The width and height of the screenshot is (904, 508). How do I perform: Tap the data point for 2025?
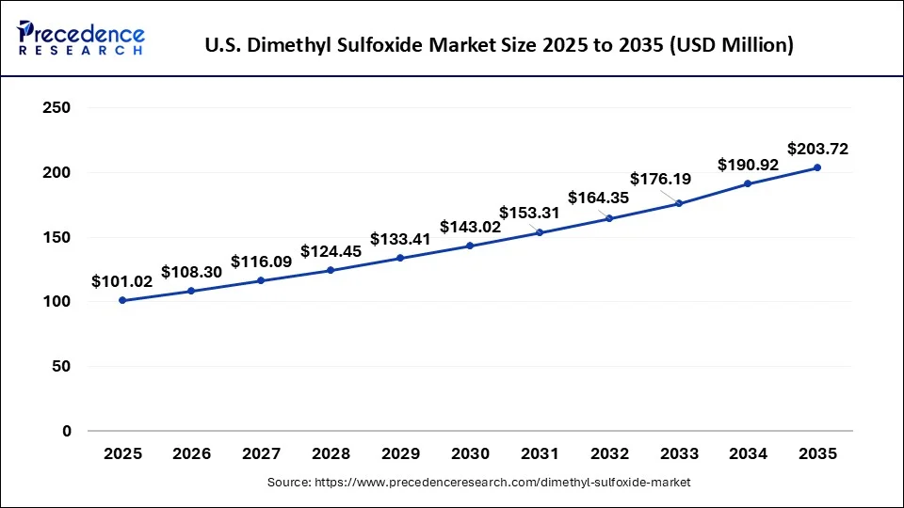[122, 300]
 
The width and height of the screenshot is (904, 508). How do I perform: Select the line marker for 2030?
[470, 246]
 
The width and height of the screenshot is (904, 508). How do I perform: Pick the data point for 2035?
[816, 167]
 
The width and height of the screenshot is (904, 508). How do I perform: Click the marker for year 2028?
[331, 270]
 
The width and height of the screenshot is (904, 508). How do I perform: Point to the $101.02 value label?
[121, 281]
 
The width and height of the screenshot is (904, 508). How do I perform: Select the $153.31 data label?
[529, 213]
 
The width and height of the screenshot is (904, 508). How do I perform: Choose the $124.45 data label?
[331, 251]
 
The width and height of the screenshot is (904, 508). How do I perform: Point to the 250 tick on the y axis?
[58, 108]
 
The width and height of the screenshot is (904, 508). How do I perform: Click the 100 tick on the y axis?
[58, 302]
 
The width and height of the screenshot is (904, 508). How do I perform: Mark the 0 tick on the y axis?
[67, 431]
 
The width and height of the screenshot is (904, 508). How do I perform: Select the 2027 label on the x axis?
[261, 453]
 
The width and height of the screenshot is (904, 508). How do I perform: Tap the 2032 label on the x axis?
[608, 453]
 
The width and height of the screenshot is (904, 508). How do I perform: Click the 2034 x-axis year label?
[748, 453]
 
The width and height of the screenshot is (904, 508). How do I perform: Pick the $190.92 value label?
[749, 165]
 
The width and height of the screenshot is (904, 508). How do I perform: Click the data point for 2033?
[678, 203]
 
